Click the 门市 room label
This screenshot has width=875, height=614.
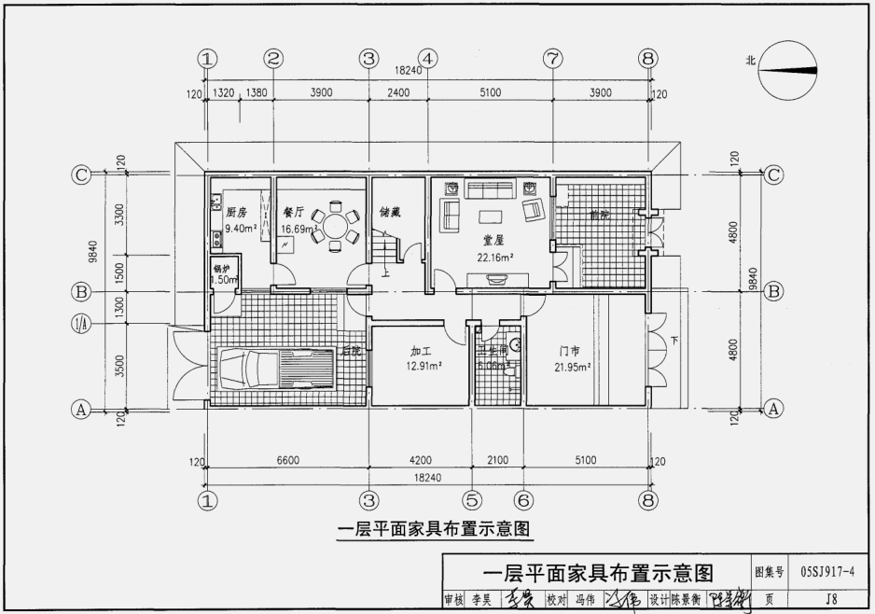tap(569, 351)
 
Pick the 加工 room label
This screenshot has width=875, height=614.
tap(420, 351)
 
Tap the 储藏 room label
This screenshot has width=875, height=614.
tap(390, 213)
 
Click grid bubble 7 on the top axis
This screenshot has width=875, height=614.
tap(552, 59)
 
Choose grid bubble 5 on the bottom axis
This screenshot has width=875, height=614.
tap(472, 499)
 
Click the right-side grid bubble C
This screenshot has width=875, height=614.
tap(772, 174)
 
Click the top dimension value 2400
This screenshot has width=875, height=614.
tap(398, 92)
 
